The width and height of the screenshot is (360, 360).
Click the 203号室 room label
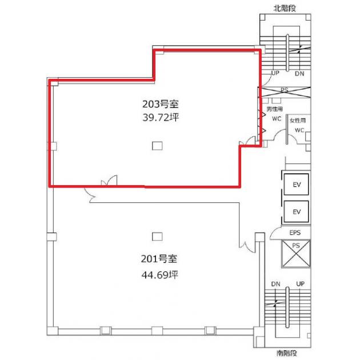coord(160,104)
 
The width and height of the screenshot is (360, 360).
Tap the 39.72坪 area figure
coord(160,118)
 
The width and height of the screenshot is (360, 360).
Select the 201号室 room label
coord(159,259)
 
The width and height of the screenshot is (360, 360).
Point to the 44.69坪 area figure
coord(159,275)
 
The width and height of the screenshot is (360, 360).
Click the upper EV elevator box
coord(296,185)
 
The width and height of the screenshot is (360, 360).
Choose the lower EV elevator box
coord(296,211)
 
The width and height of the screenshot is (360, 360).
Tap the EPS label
coord(295,233)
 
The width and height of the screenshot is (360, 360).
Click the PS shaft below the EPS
coord(296,254)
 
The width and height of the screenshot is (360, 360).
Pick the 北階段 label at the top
coord(285,8)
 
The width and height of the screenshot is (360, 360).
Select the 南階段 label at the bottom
coord(287,353)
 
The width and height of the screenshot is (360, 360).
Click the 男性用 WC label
coord(275,114)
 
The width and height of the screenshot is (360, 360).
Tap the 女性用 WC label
coord(298,125)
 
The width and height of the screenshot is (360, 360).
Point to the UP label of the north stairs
coord(275,73)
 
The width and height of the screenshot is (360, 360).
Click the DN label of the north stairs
coord(299,74)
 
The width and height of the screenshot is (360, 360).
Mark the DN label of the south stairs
coord(276,284)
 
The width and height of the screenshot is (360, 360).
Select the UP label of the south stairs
coord(301,284)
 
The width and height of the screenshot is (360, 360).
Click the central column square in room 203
coord(157,146)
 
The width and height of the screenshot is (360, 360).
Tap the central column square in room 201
coord(157,237)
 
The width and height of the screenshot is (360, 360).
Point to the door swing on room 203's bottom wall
coord(109,181)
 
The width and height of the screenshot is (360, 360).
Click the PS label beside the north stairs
coord(285,90)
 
